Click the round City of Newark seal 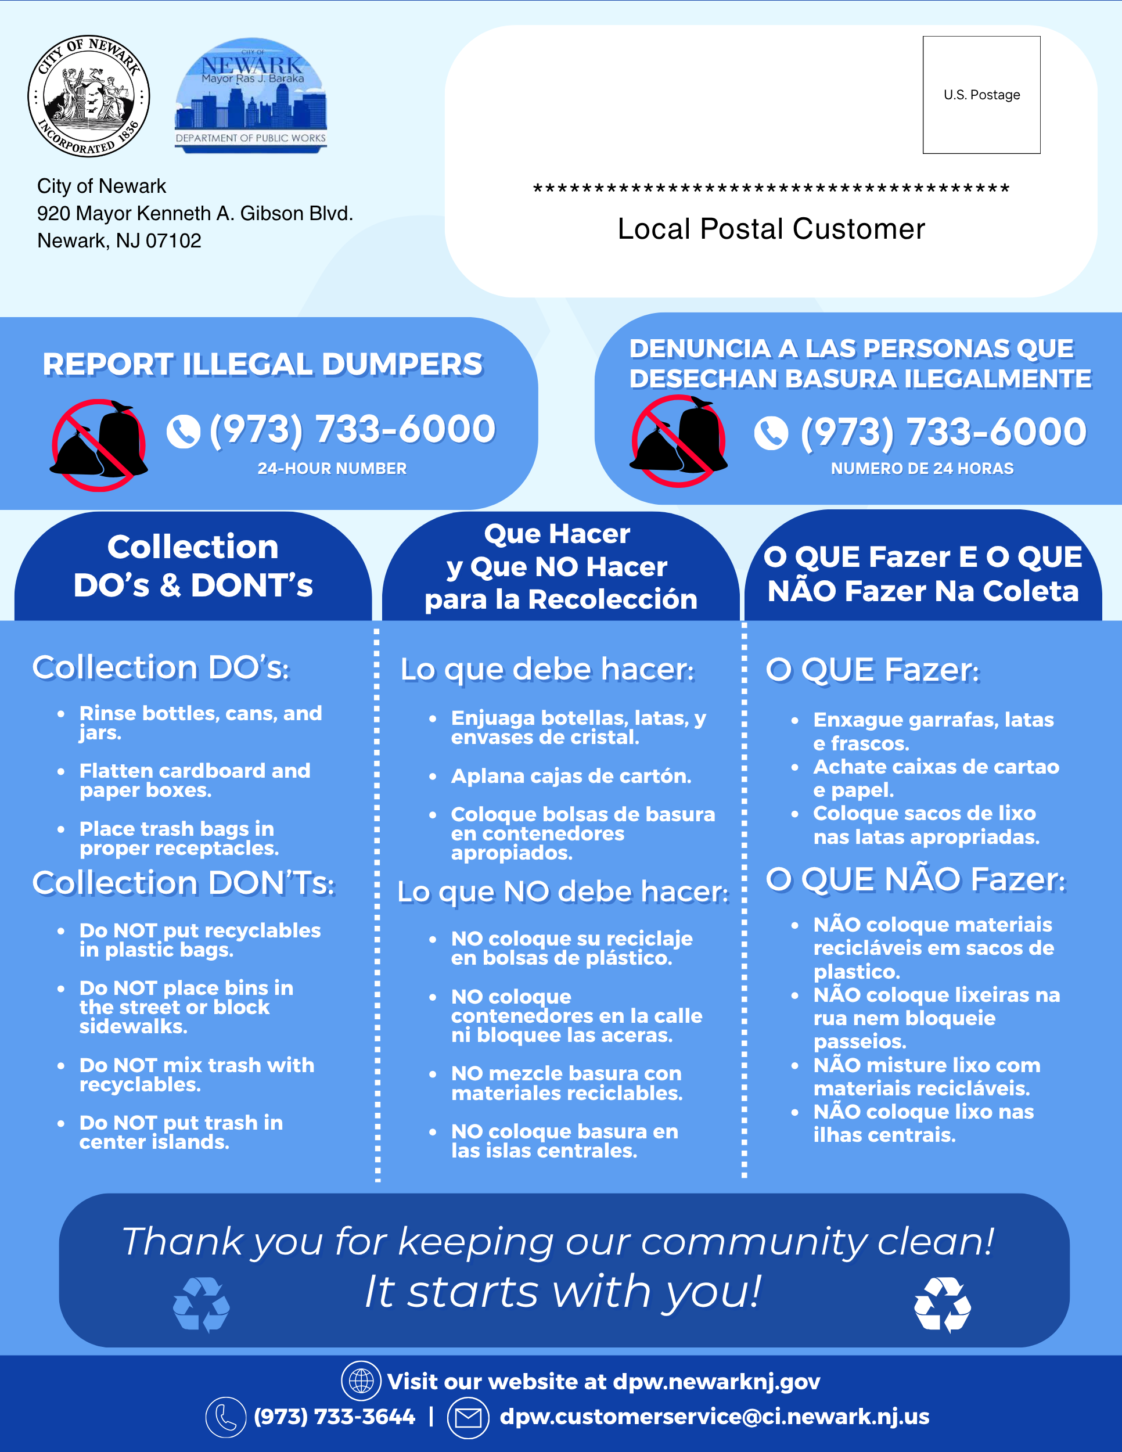point(88,96)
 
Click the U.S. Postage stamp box point(981,95)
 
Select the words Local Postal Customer point(771,229)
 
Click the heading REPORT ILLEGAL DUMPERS point(262,364)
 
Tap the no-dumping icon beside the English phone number point(99,445)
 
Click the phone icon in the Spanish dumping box point(771,433)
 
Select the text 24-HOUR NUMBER point(332,469)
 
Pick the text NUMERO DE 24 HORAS point(922,469)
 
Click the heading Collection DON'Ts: point(184,883)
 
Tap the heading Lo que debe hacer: point(547,670)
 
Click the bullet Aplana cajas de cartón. point(571,777)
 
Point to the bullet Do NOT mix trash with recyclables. point(197,1074)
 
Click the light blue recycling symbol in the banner point(202,1304)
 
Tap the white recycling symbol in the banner point(943,1304)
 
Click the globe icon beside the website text point(361,1381)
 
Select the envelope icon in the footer point(468,1417)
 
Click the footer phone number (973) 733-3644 point(335,1417)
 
